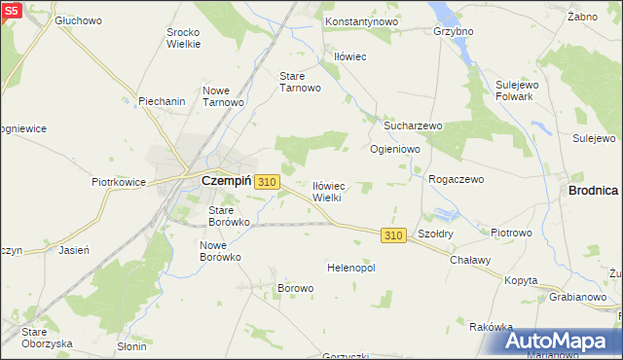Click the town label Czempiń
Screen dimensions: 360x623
tap(226, 181)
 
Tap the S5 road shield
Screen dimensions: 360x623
tap(11, 10)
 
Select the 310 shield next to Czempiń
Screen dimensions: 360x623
tap(269, 182)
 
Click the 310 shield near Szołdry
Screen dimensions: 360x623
tap(392, 236)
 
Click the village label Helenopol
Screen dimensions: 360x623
tap(351, 267)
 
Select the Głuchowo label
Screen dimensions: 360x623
tap(79, 19)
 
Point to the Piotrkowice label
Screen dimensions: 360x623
tap(118, 181)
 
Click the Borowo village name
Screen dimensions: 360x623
tap(296, 288)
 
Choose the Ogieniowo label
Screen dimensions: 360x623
tap(394, 150)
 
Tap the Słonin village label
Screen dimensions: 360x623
tap(132, 345)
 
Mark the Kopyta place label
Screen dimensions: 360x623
tap(521, 280)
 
